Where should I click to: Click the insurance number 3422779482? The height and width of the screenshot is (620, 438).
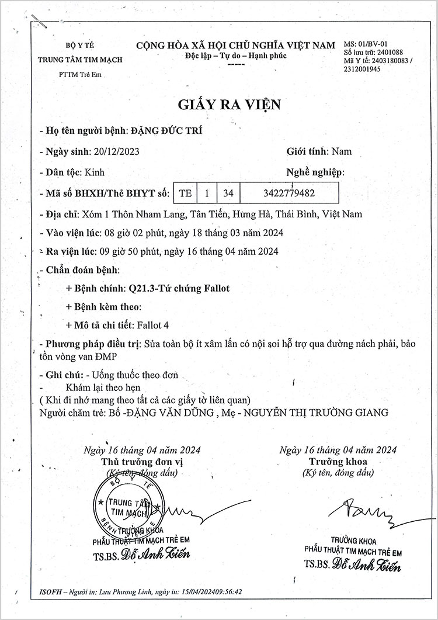[280, 193]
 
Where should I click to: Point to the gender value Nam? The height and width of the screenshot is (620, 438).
[342, 151]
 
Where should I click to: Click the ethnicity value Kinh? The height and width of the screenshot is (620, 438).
[95, 172]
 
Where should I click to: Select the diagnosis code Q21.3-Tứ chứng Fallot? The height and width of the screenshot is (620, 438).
[178, 288]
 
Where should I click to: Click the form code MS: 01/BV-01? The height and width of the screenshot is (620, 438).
[366, 44]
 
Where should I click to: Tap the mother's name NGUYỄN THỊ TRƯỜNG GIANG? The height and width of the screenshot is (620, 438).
[316, 413]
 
